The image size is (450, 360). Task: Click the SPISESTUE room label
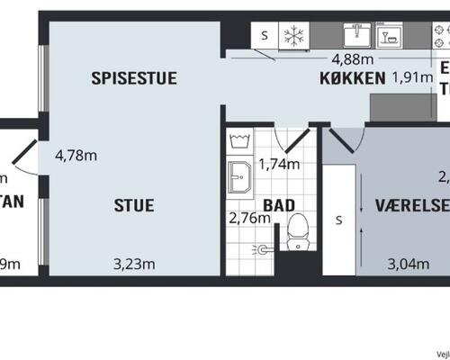tap(134, 78)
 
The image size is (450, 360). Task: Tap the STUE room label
tap(133, 205)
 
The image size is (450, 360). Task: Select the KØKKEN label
tap(353, 77)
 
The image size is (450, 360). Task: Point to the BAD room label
tap(279, 205)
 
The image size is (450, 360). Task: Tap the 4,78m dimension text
tap(76, 155)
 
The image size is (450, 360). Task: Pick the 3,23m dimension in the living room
tap(135, 264)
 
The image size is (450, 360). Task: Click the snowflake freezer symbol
tap(293, 36)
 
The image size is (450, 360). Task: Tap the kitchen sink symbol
tap(356, 35)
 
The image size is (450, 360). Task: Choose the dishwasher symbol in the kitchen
tap(390, 36)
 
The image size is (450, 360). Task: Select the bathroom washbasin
tap(240, 178)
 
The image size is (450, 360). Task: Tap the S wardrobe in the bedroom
tap(338, 220)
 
